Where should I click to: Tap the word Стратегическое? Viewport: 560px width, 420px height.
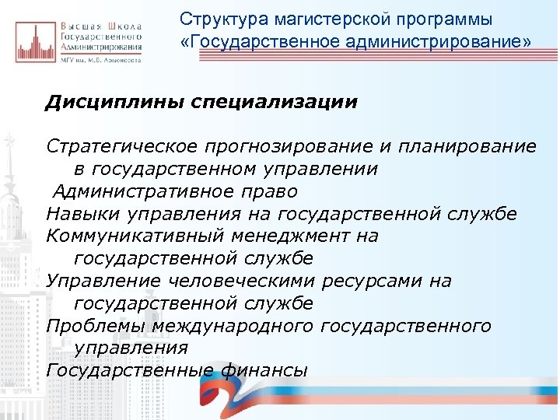tap(123, 147)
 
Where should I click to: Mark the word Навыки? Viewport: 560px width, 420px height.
tap(77, 214)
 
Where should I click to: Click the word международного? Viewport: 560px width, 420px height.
tap(233, 326)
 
